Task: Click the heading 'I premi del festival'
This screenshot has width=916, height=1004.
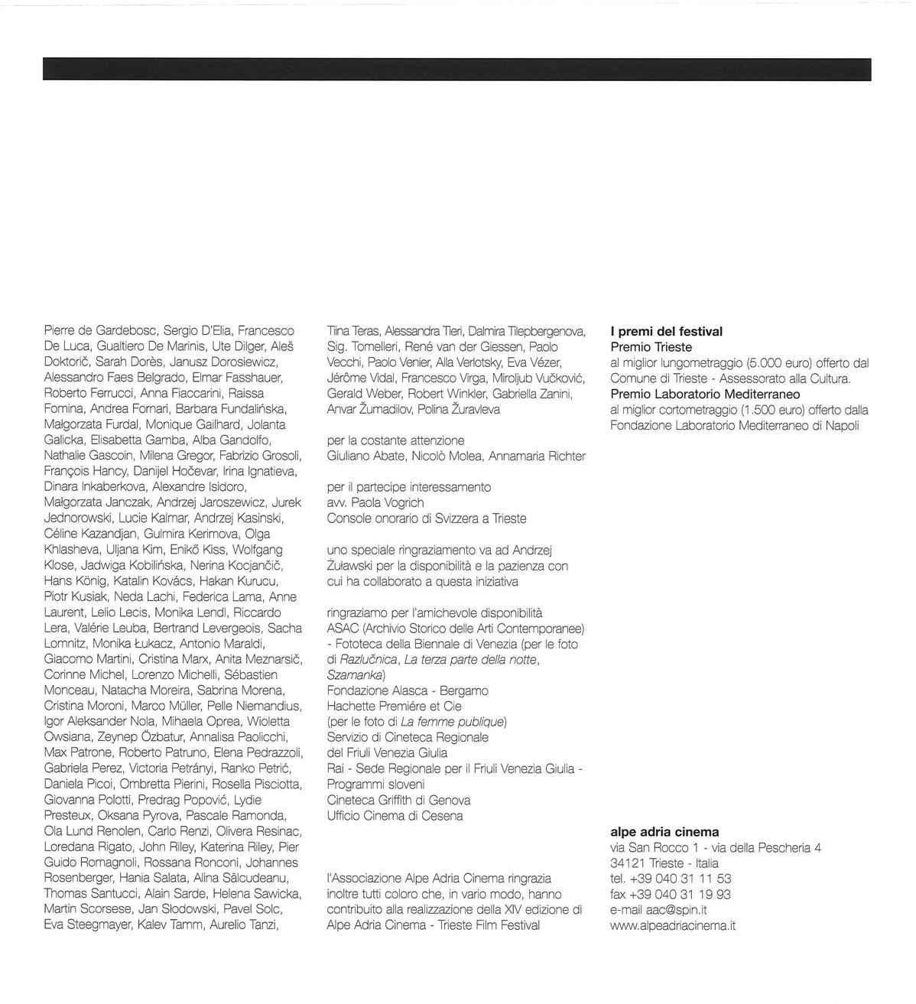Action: point(666,332)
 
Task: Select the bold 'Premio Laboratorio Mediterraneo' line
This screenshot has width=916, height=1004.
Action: point(705,395)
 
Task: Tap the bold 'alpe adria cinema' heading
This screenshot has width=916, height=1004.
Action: point(664,832)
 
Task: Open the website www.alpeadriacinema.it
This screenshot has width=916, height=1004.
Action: point(673,926)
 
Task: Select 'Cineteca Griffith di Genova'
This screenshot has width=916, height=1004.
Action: point(398,801)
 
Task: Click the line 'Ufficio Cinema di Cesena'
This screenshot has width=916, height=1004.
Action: point(395,816)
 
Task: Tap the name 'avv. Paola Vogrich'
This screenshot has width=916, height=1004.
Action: point(375,503)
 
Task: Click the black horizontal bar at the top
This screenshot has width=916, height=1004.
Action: point(457,69)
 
